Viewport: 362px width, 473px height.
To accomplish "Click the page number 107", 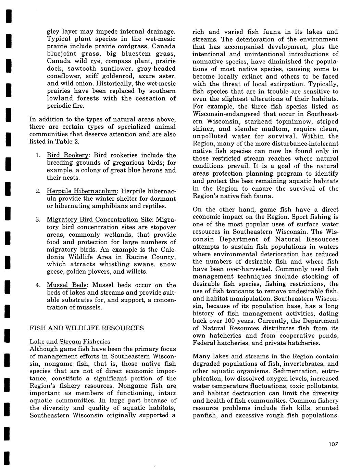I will [x=333, y=444].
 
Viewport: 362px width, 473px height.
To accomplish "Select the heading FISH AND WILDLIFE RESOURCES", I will [x=87, y=328].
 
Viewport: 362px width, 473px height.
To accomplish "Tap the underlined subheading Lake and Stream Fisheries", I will [x=70, y=342].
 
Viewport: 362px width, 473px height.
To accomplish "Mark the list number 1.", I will [x=38, y=155].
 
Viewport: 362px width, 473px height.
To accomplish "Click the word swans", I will [x=127, y=264].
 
